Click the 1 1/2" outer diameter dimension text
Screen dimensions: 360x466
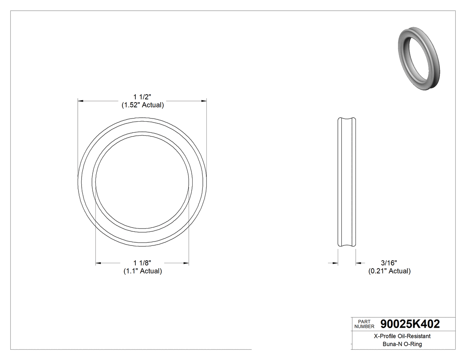pos(142,97)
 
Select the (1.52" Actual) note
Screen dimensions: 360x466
pos(142,105)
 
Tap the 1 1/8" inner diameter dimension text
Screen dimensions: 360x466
pos(142,263)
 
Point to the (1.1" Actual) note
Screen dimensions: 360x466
pos(142,271)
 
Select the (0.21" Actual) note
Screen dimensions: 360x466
pos(389,271)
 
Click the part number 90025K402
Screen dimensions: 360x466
pos(410,324)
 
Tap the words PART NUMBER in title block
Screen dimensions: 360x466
pos(364,324)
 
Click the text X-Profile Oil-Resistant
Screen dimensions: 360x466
pos(402,336)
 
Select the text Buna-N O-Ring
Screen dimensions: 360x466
pos(402,344)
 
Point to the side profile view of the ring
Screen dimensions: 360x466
pos(347,182)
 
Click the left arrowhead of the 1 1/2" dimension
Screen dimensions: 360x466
pos(81,101)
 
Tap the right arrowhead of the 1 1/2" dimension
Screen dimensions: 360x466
pos(204,101)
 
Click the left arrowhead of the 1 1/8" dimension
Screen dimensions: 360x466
pos(99,263)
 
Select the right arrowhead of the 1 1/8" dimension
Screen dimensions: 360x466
pos(186,263)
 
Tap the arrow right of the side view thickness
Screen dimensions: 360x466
pos(358,263)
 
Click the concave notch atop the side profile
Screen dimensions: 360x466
pos(347,119)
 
